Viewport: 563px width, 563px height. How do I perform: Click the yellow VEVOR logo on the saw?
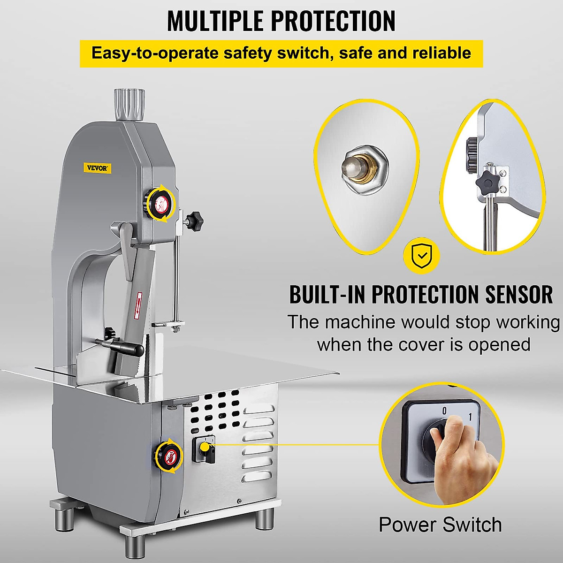[x=98, y=168]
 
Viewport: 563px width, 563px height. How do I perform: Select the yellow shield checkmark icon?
[x=422, y=256]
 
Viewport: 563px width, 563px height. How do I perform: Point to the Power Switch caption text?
[x=440, y=525]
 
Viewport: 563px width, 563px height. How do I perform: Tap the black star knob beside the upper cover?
[x=193, y=219]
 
